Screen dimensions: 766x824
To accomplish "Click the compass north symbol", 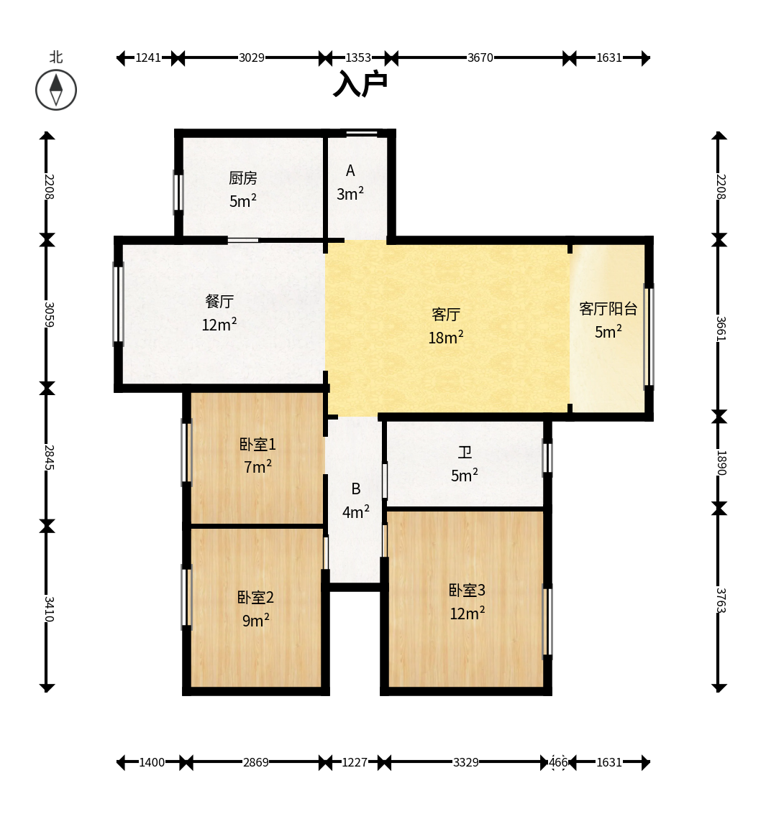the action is click(56, 90).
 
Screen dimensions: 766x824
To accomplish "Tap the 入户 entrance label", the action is click(361, 83).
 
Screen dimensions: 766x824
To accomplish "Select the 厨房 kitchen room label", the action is click(243, 178).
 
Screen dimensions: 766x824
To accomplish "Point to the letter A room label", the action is click(350, 171).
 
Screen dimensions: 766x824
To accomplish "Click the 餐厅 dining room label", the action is click(219, 301).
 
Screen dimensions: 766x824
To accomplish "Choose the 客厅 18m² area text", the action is click(446, 338).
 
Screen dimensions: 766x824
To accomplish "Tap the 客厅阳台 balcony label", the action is click(608, 308).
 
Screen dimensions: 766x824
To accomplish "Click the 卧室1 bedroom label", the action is click(257, 445).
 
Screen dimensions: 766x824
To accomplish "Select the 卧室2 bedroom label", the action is click(255, 598).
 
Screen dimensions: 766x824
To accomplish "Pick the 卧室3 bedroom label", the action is click(468, 590).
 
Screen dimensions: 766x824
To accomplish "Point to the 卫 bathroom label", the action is click(465, 452).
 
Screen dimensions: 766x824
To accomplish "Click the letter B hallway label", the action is click(356, 489).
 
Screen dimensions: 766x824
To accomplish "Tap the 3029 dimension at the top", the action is click(252, 57).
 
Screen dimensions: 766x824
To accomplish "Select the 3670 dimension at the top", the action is click(480, 57).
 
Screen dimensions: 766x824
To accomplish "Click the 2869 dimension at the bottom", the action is click(255, 762).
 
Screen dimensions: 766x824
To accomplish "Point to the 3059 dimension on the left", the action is click(48, 314).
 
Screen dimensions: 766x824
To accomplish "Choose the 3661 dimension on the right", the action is click(720, 328).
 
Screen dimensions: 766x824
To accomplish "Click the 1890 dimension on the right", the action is click(720, 463).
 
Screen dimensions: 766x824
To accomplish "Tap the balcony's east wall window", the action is click(649, 336).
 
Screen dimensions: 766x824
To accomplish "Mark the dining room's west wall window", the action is click(119, 304).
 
